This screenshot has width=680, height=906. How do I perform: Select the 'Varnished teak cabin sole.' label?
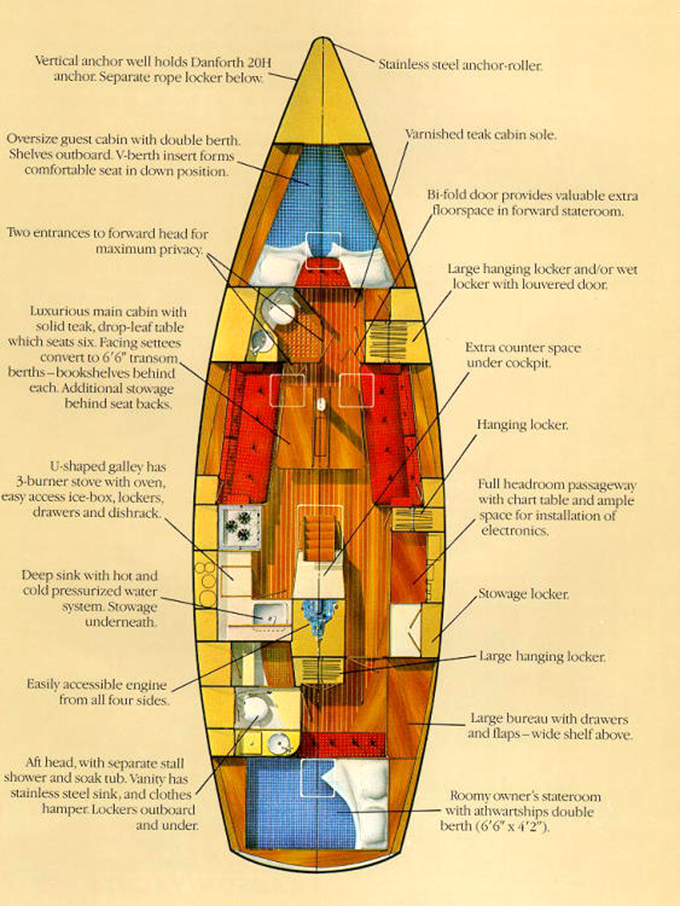tap(480, 134)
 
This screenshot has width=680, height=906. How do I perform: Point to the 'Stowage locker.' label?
tap(524, 594)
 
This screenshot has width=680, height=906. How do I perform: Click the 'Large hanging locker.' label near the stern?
tap(542, 656)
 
